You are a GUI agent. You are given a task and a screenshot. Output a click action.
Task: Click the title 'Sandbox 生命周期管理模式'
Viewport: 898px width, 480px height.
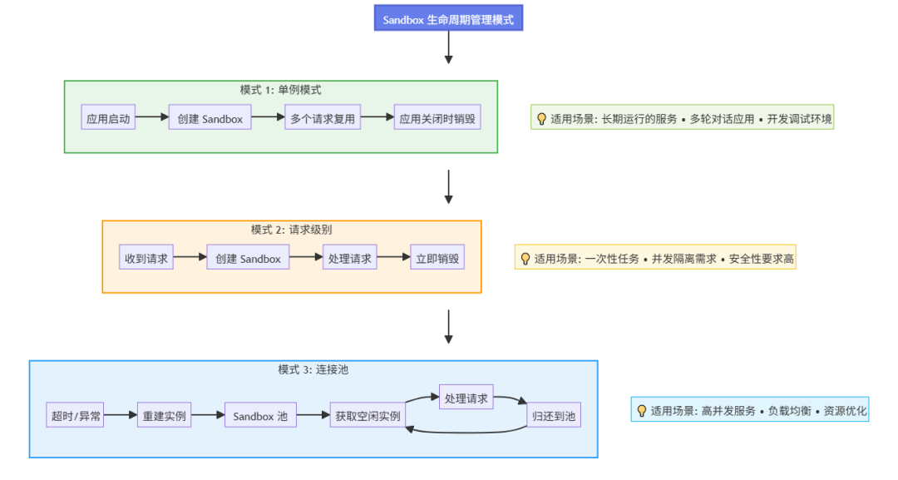(x=447, y=20)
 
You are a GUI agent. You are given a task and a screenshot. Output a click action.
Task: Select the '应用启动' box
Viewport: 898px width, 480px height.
(x=108, y=119)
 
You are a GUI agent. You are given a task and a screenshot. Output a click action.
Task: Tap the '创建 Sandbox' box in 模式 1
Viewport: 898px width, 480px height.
(x=210, y=119)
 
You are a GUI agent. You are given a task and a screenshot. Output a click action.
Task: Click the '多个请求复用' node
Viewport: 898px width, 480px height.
(x=323, y=119)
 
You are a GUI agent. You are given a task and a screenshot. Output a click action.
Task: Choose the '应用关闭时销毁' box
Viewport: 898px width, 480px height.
(x=437, y=119)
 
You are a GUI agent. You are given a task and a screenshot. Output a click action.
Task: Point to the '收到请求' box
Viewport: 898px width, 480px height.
(x=146, y=259)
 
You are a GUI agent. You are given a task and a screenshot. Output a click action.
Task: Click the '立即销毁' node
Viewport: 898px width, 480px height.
(x=437, y=259)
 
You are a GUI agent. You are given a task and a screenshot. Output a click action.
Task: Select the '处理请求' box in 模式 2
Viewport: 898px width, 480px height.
(x=350, y=259)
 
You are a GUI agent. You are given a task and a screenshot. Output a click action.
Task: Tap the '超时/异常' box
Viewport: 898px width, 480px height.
(x=76, y=416)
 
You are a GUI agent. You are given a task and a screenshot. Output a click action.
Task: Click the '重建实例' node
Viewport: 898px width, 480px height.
(x=165, y=416)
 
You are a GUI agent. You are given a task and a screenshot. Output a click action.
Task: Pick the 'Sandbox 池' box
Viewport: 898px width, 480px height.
(x=260, y=416)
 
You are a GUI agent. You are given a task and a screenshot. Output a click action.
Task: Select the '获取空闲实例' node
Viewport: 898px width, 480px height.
(x=368, y=416)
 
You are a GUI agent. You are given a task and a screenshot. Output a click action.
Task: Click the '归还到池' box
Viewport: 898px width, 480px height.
(x=554, y=416)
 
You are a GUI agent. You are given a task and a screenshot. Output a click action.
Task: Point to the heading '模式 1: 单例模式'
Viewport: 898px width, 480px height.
(x=280, y=90)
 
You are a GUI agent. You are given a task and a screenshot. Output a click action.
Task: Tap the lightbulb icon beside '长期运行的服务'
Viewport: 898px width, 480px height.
(x=541, y=119)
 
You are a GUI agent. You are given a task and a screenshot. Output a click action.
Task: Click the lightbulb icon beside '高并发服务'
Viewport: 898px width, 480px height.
(x=641, y=411)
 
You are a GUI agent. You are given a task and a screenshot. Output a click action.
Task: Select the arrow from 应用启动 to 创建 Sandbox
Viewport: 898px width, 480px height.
(x=151, y=118)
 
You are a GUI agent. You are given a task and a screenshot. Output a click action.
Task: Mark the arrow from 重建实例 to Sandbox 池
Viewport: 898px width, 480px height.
(x=208, y=415)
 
